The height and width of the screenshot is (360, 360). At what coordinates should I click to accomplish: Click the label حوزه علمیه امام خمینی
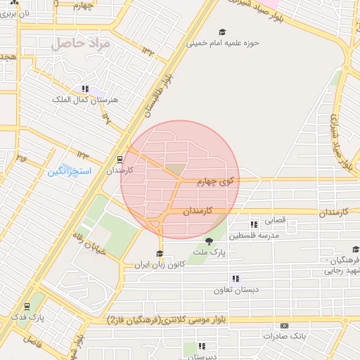pos(222,42)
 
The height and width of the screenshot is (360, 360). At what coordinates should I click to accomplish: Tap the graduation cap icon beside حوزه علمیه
pos(223,32)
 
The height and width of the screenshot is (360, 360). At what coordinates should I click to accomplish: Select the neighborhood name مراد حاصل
pos(82,44)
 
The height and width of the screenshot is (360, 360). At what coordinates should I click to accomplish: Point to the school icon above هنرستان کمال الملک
pos(85,89)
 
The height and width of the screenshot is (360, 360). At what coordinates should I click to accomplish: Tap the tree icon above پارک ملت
pos(209,241)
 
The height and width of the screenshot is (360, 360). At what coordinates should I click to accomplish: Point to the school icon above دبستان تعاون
pos(235,278)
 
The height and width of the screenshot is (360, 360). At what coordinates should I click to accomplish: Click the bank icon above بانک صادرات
pos(284,326)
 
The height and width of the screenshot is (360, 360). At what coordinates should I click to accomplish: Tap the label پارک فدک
pos(27,318)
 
